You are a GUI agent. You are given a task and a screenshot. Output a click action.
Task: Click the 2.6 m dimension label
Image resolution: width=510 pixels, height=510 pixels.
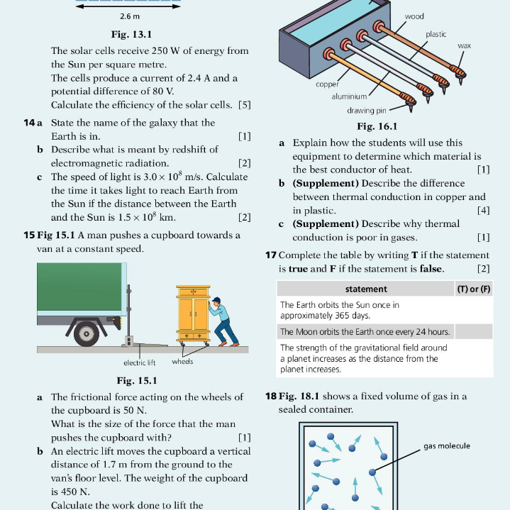click(130, 16)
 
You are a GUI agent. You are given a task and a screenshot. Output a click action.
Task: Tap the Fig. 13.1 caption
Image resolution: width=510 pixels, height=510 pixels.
click(131, 34)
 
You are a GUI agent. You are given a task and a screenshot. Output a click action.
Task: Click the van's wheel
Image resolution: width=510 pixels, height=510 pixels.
click(87, 333)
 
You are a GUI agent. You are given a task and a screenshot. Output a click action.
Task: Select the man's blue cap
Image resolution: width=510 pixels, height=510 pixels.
click(216, 300)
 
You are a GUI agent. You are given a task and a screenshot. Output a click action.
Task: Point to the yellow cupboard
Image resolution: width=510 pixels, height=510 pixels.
click(193, 314)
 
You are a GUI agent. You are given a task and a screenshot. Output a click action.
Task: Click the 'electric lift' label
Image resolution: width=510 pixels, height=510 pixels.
click(140, 362)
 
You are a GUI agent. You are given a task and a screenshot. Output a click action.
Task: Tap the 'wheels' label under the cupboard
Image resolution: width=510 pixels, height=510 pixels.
click(182, 361)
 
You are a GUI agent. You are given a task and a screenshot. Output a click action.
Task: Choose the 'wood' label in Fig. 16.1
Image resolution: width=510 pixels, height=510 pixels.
click(414, 16)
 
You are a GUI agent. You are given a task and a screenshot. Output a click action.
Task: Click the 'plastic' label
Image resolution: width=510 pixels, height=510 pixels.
click(436, 34)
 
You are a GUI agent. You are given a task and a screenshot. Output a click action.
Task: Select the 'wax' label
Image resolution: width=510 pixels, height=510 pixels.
click(464, 45)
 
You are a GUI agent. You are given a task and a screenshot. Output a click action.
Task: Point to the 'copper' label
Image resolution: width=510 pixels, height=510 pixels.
click(327, 84)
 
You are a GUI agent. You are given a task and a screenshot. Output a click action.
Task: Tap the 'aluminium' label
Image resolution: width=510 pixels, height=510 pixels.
click(349, 96)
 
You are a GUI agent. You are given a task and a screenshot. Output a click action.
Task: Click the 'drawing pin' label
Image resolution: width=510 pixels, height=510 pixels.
click(367, 111)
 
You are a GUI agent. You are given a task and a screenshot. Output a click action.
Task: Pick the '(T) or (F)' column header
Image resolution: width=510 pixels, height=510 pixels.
click(474, 289)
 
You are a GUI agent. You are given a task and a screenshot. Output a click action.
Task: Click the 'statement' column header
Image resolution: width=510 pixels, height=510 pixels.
click(366, 289)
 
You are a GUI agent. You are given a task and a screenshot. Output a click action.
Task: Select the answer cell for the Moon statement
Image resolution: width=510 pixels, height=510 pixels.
click(474, 332)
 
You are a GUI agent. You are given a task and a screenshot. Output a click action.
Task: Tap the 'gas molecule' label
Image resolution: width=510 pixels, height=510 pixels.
click(447, 446)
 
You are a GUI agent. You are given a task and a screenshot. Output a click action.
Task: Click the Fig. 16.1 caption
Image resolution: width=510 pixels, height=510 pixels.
click(377, 126)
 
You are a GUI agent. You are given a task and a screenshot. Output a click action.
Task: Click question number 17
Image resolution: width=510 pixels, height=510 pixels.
click(271, 255)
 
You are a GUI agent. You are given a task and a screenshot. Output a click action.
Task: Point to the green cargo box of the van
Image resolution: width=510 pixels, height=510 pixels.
click(79, 287)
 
